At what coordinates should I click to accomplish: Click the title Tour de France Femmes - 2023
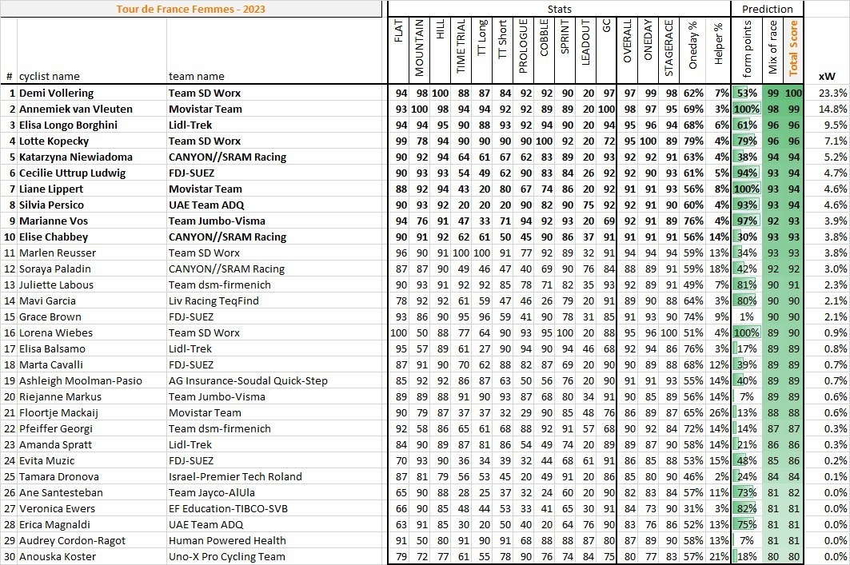[x=192, y=9]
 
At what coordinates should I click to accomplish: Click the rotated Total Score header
[x=793, y=48]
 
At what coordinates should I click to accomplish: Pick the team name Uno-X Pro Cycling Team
[x=226, y=556]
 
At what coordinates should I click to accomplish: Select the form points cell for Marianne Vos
[x=746, y=221]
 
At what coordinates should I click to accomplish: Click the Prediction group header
[x=768, y=9]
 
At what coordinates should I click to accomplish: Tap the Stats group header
[x=559, y=9]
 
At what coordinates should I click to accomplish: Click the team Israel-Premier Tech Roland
[x=235, y=476]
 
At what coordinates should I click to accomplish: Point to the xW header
[x=827, y=76]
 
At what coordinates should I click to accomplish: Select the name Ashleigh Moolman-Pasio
[x=81, y=380]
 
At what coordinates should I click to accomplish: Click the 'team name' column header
[x=196, y=76]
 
